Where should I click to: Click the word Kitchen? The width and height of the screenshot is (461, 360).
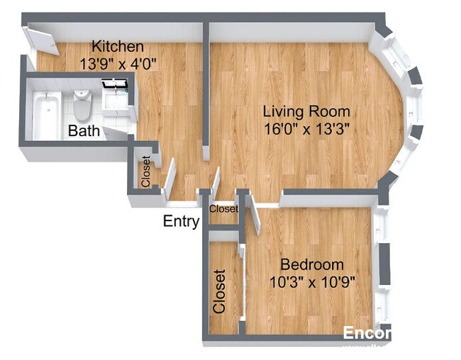118,47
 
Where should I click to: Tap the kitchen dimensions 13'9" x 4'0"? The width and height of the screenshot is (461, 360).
118,62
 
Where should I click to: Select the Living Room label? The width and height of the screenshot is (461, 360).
306,112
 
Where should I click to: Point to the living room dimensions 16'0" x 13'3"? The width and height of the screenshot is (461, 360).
306,129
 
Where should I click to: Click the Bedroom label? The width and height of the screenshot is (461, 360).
312,264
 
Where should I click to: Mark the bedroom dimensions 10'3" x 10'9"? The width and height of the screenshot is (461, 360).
312,281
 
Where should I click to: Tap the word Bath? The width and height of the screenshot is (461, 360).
83,131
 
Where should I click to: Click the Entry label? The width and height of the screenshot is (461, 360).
181,221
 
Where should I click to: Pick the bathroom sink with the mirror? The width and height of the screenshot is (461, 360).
115,100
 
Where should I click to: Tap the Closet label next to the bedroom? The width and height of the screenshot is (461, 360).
220,291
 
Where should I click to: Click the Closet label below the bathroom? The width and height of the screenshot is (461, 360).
145,172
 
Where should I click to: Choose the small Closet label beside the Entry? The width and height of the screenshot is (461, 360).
223,209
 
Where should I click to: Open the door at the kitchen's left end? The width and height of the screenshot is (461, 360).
42,40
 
